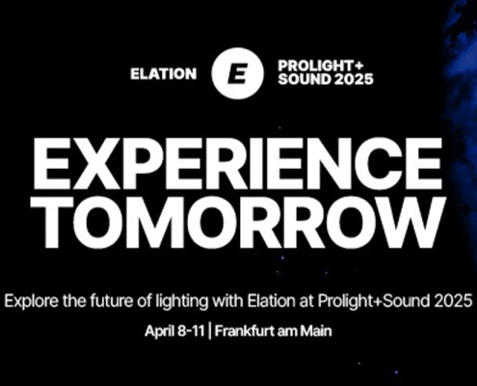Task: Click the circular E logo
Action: pyautogui.click(x=237, y=73)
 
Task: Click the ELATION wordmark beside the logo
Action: pyautogui.click(x=164, y=74)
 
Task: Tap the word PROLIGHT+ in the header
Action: pyautogui.click(x=321, y=66)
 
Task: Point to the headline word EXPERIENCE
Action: pyautogui.click(x=237, y=164)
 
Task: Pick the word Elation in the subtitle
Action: pyautogui.click(x=271, y=301)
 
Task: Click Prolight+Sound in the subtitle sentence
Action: pyautogui.click(x=374, y=301)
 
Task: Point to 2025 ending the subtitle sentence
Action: pyautogui.click(x=453, y=301)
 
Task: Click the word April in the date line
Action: pyautogui.click(x=159, y=331)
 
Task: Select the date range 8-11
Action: pyautogui.click(x=190, y=331)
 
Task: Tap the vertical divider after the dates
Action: pyautogui.click(x=210, y=331)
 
